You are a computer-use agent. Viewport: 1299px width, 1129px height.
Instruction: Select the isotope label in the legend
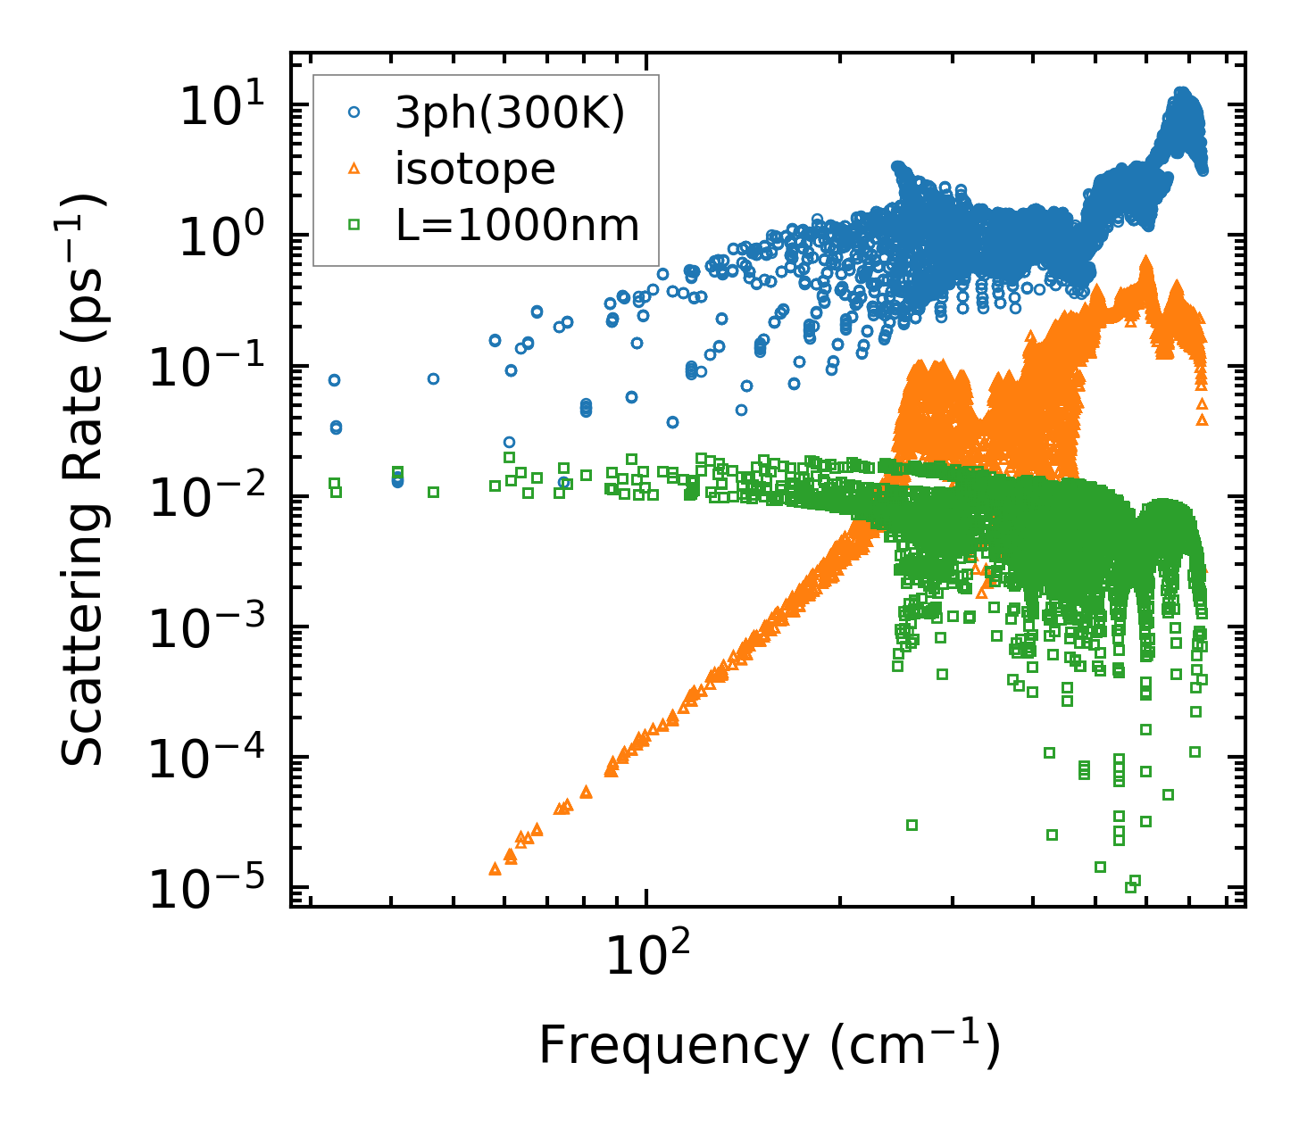pos(475,169)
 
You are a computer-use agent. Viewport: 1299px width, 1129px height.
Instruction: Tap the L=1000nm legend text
pos(518,226)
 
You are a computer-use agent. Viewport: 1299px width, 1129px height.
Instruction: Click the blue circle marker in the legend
pos(354,112)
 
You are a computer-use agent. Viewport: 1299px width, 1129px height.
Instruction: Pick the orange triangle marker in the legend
pos(354,168)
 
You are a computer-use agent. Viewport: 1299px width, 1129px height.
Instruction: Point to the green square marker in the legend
pos(354,225)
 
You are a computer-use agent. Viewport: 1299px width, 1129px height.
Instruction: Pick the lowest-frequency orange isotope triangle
pos(495,868)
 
